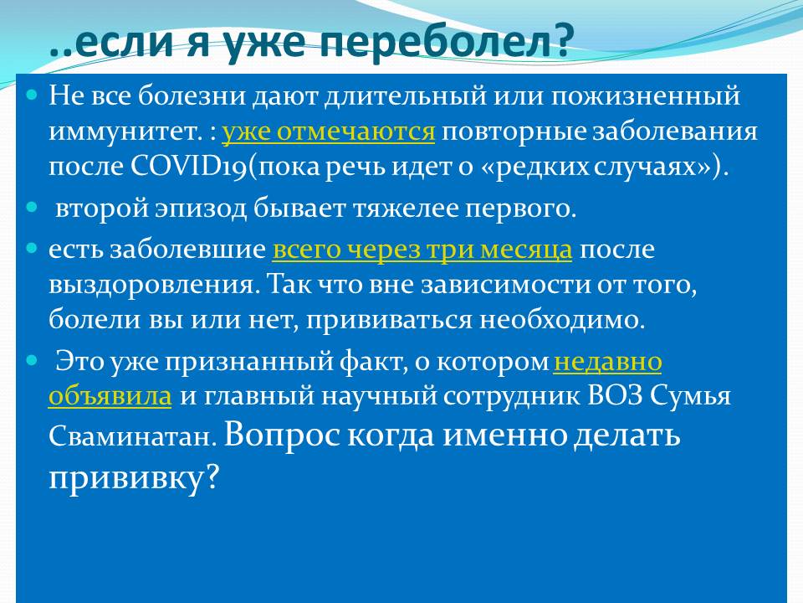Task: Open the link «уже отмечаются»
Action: [x=328, y=131]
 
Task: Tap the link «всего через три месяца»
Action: [x=422, y=250]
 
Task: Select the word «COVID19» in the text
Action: [x=189, y=167]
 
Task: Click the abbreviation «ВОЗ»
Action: [x=615, y=396]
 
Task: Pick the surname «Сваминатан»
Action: [x=130, y=436]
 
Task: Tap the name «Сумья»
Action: [x=690, y=396]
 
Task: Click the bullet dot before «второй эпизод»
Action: [x=32, y=207]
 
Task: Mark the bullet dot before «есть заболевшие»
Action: [x=32, y=248]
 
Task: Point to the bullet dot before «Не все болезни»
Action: [x=32, y=95]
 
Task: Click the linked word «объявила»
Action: [x=110, y=396]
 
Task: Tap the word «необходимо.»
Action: [x=562, y=319]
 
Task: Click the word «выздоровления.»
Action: [x=151, y=286]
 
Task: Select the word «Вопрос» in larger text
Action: [x=282, y=435]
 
